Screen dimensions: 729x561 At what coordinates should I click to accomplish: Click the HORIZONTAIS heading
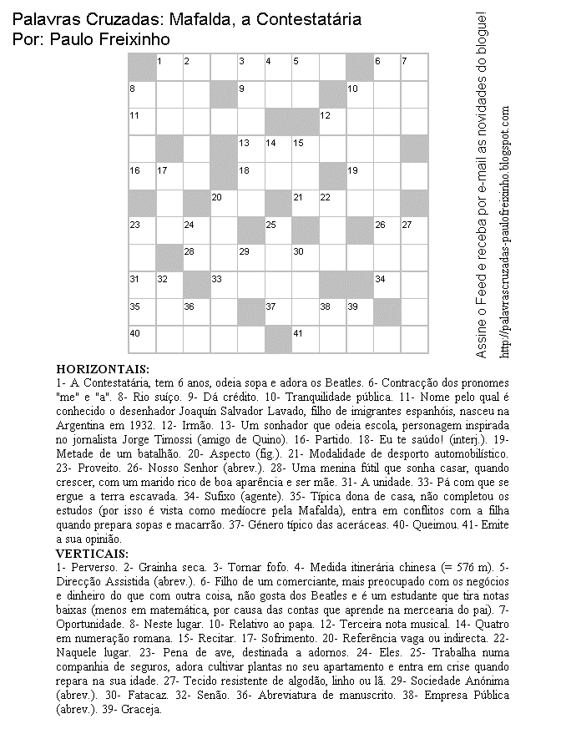point(103,368)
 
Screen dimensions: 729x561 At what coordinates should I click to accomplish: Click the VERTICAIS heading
point(93,552)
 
